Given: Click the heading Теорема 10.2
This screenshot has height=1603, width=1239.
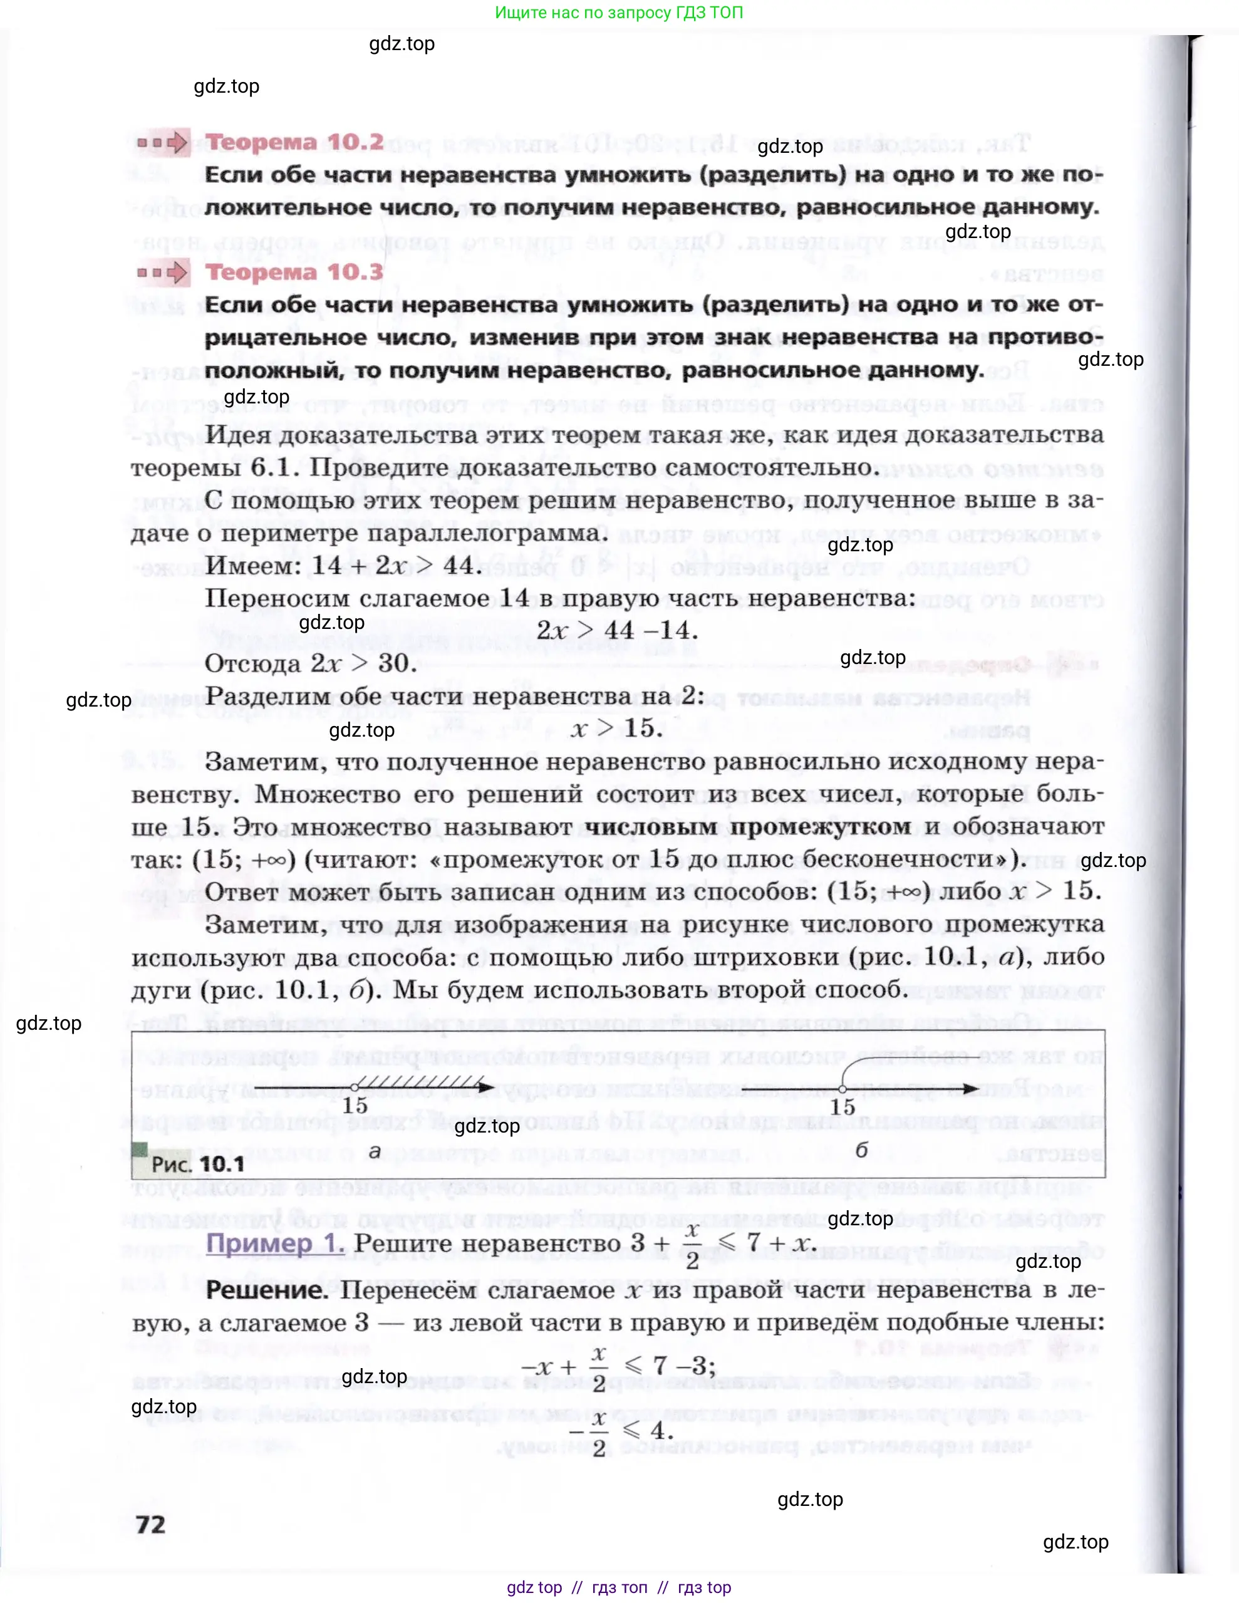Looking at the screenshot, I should point(294,142).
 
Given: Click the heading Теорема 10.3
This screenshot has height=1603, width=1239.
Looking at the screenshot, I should point(294,272).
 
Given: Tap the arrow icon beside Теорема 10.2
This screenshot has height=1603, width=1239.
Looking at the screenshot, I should point(163,142).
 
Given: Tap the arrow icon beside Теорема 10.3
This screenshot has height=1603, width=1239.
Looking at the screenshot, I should point(163,273).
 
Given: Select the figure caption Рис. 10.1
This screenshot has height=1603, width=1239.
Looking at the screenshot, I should point(197,1164).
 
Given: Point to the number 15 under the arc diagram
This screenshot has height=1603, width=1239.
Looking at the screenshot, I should point(842,1107).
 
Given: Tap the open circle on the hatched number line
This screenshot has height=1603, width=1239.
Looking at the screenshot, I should point(355,1087).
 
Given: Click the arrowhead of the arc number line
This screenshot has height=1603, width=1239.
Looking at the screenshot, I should point(970,1089).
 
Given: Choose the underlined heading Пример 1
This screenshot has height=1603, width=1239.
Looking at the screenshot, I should point(274,1243).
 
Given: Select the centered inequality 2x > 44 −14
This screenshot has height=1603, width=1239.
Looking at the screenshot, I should point(616,630).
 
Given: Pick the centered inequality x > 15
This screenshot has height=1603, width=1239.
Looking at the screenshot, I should point(616,728).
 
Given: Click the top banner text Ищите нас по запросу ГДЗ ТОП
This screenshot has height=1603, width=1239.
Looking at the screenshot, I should point(619,13).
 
